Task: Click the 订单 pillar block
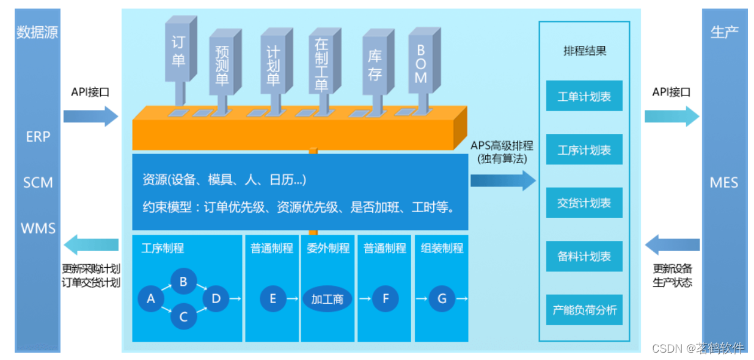[178, 51]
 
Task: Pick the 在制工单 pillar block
[321, 64]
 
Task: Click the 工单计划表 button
[584, 96]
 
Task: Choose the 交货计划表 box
[584, 203]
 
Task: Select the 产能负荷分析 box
[584, 309]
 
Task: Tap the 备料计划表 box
[584, 256]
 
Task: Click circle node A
[151, 299]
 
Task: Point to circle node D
[216, 299]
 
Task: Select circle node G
[442, 299]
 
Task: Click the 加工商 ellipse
[328, 299]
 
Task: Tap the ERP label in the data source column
[38, 137]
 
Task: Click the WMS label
[38, 229]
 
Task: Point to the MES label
[724, 182]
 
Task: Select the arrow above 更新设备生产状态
[672, 245]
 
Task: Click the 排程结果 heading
[584, 51]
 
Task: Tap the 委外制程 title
[328, 248]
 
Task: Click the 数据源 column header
[37, 32]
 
